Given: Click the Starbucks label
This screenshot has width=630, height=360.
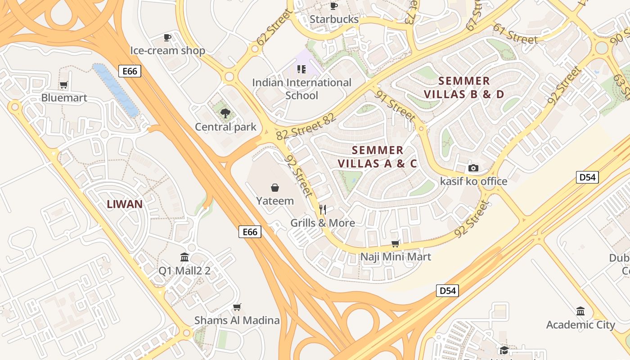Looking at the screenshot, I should [x=334, y=19].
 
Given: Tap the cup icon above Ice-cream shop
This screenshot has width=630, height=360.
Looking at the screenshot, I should [x=167, y=38].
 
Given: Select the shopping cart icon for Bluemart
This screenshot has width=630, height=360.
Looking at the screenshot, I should [x=64, y=85].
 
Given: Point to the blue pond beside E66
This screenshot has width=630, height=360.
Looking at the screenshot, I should [x=116, y=90].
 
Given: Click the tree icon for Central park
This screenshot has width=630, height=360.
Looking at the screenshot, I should [x=225, y=114].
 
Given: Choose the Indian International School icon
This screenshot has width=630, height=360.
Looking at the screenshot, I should [x=301, y=69].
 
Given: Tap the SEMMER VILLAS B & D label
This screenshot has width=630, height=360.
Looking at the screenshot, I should [x=464, y=87].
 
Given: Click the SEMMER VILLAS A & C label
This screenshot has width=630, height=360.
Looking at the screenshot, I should [x=378, y=157].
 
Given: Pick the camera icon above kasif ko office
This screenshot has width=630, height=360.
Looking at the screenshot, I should [x=473, y=168].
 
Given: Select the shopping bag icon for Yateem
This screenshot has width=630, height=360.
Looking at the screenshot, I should [x=274, y=188].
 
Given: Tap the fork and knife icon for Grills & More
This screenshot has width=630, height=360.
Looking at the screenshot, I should [x=322, y=209].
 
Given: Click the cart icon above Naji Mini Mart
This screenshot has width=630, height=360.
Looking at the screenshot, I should [x=396, y=243].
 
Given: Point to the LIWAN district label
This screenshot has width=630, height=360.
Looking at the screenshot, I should [x=125, y=204].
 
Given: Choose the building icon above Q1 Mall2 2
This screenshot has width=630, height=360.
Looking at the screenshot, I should [x=184, y=257].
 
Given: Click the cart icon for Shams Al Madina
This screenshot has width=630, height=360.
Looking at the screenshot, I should [x=237, y=307].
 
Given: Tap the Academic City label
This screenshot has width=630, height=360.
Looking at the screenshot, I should [x=580, y=324].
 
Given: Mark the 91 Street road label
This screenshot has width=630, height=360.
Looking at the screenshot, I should [x=396, y=106].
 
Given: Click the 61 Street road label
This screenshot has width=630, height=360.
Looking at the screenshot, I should [x=515, y=34].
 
